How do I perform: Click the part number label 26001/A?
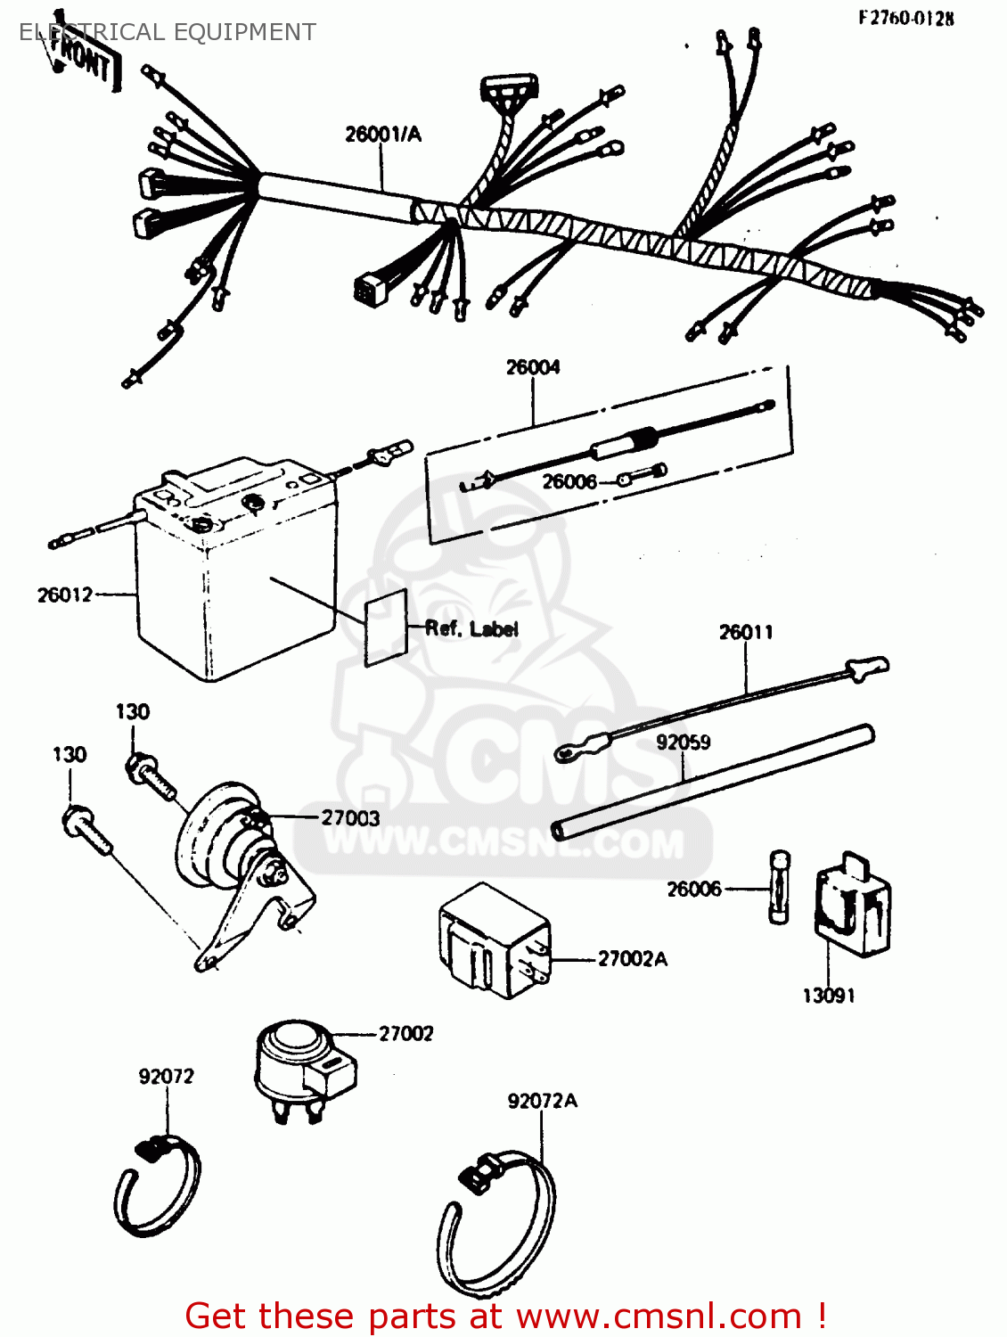383,135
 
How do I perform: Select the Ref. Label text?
471,628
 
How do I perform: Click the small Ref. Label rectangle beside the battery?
386,629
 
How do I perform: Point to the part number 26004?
533,367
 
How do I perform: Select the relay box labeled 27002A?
493,941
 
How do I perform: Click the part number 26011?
746,633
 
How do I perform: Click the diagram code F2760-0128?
905,18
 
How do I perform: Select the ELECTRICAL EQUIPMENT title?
168,32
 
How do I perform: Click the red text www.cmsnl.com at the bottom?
659,1316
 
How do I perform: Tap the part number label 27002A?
632,959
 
